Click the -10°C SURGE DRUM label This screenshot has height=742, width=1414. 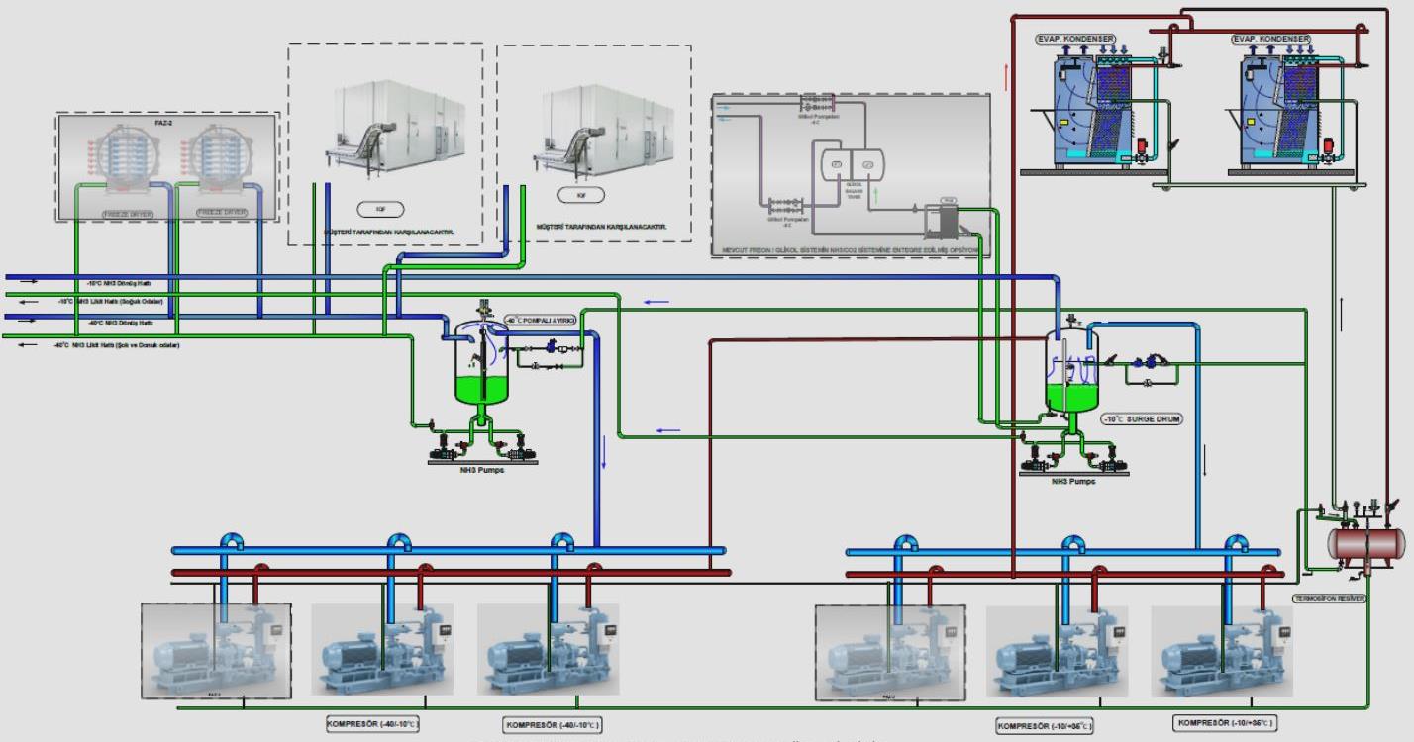pyautogui.click(x=1143, y=419)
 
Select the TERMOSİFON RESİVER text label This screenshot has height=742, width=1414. pyautogui.click(x=1330, y=599)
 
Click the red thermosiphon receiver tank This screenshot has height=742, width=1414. pyautogui.click(x=1366, y=543)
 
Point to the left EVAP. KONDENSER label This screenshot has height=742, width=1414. pyautogui.click(x=1074, y=39)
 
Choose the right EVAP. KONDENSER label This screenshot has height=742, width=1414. pyautogui.click(x=1270, y=39)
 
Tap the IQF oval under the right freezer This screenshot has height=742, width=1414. pyautogui.click(x=581, y=196)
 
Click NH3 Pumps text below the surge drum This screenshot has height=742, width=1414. pyautogui.click(x=1074, y=482)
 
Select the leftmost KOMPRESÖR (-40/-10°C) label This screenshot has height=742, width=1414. pyautogui.click(x=372, y=724)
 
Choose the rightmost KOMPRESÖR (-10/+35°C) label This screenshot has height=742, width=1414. pyautogui.click(x=1224, y=723)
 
